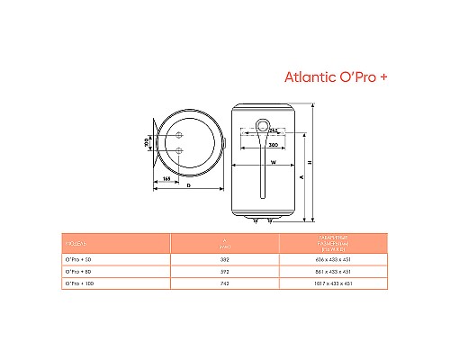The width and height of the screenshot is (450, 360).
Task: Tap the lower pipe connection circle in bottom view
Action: [180, 150]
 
